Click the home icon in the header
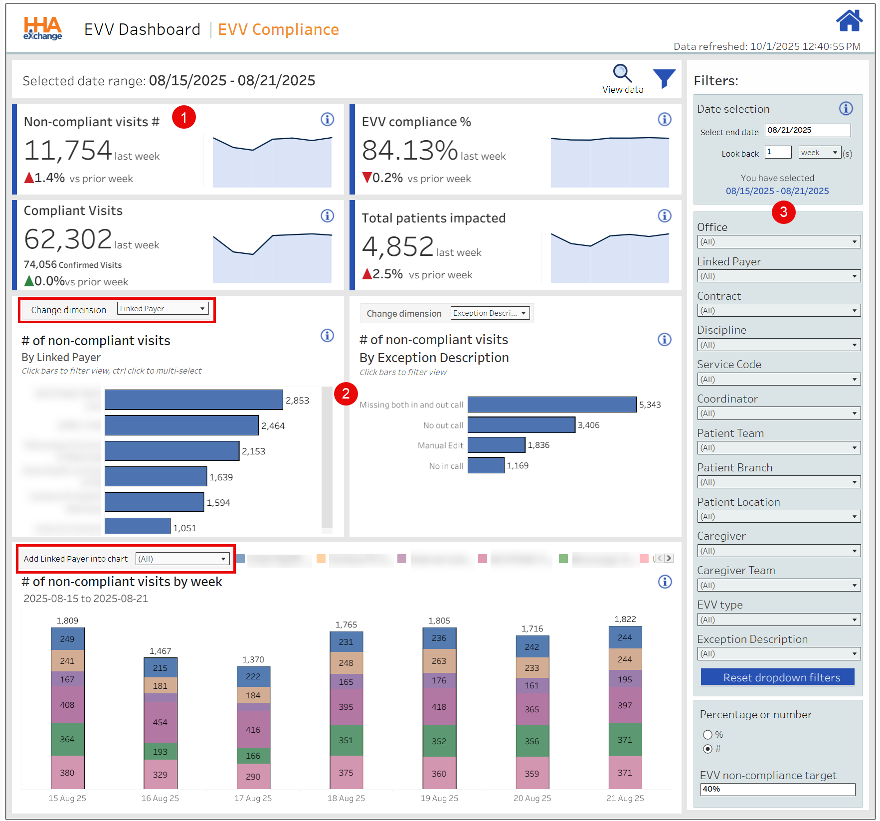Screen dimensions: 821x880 click(x=849, y=21)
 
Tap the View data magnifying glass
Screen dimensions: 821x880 click(x=622, y=73)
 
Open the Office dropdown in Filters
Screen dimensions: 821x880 click(x=778, y=242)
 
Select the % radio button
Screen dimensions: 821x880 click(x=707, y=734)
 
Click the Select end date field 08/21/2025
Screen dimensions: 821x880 click(x=807, y=130)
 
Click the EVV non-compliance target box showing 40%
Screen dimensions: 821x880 click(x=777, y=789)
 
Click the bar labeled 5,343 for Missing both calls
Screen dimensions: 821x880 click(x=551, y=405)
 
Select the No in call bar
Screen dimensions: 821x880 click(x=486, y=465)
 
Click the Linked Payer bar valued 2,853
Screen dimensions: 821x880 click(x=193, y=400)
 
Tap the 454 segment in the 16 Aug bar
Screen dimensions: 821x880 click(x=160, y=722)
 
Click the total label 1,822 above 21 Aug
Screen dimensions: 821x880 click(x=625, y=619)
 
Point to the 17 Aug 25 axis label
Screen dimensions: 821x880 click(x=253, y=798)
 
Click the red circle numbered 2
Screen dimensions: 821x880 click(x=346, y=394)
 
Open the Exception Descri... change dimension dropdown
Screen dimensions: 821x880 click(x=490, y=313)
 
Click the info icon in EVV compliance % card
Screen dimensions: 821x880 click(x=664, y=119)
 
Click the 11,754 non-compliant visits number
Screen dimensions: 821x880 click(x=68, y=150)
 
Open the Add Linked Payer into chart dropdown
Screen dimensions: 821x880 click(x=182, y=559)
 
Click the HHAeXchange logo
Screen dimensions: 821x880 click(x=43, y=28)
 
